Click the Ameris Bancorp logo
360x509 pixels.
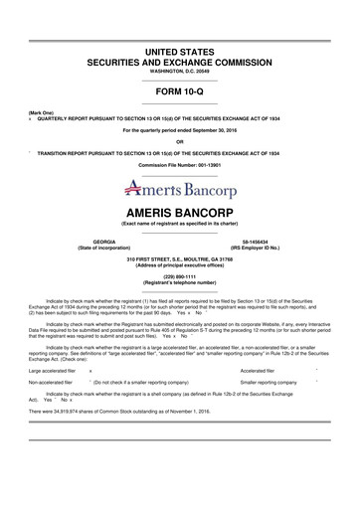click(x=179, y=185)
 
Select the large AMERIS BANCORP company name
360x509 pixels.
click(x=179, y=214)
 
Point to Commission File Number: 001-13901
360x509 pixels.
click(x=179, y=162)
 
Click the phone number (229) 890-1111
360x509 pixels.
click(x=179, y=277)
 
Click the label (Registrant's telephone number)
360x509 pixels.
click(x=179, y=283)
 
